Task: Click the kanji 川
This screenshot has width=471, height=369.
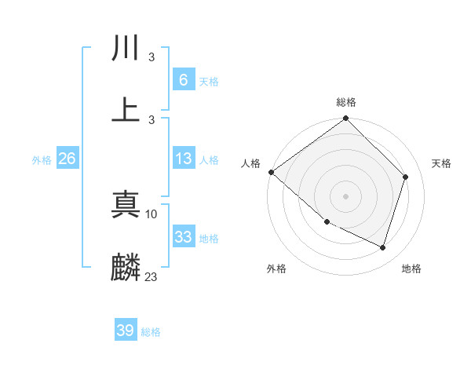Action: [126, 49]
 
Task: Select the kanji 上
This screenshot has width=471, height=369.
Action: [126, 110]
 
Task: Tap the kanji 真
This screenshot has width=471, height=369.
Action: [126, 206]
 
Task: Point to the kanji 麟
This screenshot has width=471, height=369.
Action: [126, 267]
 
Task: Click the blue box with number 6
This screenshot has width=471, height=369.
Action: [183, 79]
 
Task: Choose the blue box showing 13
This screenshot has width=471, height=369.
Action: [183, 159]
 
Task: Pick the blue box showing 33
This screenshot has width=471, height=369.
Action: [183, 237]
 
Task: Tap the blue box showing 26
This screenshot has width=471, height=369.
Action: [67, 159]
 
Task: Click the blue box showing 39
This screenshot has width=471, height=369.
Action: [126, 331]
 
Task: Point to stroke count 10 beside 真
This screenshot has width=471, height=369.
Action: [152, 213]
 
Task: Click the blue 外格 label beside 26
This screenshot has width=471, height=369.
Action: [42, 159]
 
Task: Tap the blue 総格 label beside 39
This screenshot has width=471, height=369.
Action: [151, 332]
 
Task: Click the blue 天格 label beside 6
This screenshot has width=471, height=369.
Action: [209, 81]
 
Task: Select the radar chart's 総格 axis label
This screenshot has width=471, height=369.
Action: [346, 102]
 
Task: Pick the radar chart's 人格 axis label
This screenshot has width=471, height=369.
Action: [251, 163]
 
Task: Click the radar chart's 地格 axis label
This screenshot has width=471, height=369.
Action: [411, 269]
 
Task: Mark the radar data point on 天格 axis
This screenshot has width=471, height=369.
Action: [406, 177]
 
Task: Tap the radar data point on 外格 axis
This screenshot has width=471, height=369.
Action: [327, 222]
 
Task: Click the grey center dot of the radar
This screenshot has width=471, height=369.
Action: [345, 195]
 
